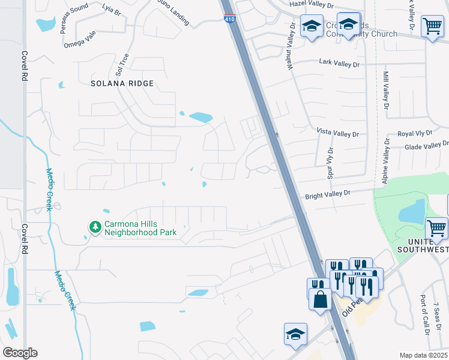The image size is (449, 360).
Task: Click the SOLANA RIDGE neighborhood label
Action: click(x=122, y=83)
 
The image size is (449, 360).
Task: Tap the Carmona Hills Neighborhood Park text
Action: click(x=140, y=229)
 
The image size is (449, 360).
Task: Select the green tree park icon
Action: click(x=94, y=227)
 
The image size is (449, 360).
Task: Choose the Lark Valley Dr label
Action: click(x=339, y=62)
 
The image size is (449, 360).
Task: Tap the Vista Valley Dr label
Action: click(x=337, y=132)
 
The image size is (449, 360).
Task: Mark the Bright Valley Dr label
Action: click(x=327, y=194)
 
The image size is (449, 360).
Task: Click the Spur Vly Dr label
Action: click(x=330, y=161)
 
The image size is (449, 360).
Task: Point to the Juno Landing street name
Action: click(x=172, y=16)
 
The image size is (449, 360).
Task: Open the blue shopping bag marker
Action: click(x=320, y=298)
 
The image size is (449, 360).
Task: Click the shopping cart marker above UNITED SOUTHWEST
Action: click(x=436, y=228)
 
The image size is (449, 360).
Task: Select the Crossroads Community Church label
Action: click(x=362, y=30)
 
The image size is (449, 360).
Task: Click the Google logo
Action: click(x=20, y=353)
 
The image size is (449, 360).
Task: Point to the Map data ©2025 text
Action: click(x=424, y=355)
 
